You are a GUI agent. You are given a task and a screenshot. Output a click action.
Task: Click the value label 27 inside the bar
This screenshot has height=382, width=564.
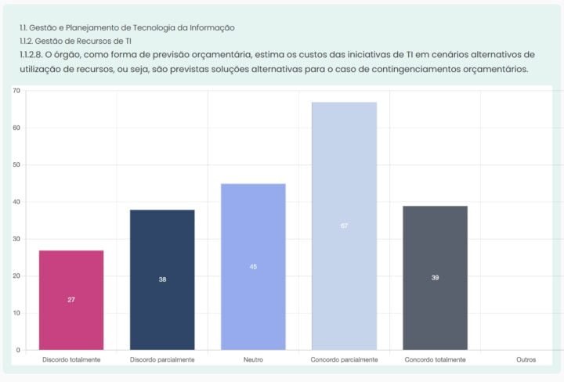point(71,300)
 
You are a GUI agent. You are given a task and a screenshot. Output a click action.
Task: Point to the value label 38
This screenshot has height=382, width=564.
point(162,279)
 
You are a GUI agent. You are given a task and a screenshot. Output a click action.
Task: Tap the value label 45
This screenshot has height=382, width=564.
point(253,267)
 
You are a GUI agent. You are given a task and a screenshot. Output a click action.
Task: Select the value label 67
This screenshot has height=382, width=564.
point(344,225)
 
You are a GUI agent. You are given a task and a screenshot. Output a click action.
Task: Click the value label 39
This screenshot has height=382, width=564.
point(435,278)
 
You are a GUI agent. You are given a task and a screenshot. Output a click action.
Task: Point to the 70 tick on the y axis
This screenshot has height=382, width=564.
point(16,91)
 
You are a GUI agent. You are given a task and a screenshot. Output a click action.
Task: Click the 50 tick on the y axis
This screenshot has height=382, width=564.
point(16,165)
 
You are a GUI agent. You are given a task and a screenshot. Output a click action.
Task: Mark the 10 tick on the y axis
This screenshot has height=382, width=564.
point(16,313)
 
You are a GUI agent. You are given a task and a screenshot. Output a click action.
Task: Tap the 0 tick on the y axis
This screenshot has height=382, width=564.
point(17,350)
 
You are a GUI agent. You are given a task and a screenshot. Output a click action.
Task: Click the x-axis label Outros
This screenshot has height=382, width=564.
point(526,360)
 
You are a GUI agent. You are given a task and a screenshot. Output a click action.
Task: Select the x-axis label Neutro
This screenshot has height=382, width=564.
point(253,360)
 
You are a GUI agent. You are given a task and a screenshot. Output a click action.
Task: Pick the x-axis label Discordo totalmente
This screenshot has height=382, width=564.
point(71,360)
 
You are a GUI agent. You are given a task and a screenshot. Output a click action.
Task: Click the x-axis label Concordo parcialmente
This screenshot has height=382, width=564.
point(344,360)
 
